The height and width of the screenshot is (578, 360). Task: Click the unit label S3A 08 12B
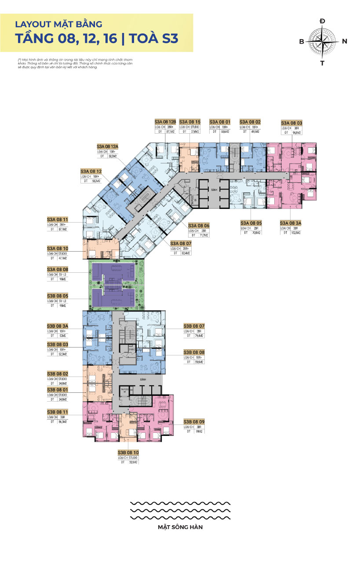pos(165,121)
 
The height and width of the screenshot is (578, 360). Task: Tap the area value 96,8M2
pos(296,132)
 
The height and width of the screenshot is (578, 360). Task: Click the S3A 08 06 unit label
pos(199,225)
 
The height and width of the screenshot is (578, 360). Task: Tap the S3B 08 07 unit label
pos(194,326)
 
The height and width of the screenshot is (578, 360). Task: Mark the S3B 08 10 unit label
pos(128,452)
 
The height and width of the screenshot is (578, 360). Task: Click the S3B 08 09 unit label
pos(194,421)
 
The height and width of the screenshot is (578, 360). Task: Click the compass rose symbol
pos(322,41)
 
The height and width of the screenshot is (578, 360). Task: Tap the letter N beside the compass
pos(345,41)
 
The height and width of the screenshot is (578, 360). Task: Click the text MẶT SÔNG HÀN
pos(180,527)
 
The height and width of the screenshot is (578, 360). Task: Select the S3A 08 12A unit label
pos(108,146)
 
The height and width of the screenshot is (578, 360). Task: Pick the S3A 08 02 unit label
pos(250,121)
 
